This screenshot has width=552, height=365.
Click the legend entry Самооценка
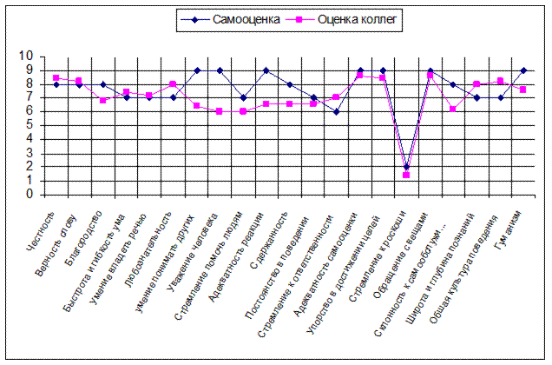(246, 19)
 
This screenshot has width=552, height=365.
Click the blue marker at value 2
(406, 168)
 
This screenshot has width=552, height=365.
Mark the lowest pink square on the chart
(406, 176)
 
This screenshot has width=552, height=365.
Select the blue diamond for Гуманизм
(523, 70)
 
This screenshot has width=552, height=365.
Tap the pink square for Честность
(56, 77)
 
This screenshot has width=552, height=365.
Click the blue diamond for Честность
(56, 84)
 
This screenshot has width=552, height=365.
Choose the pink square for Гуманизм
(523, 90)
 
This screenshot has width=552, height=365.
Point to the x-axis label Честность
(43, 225)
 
